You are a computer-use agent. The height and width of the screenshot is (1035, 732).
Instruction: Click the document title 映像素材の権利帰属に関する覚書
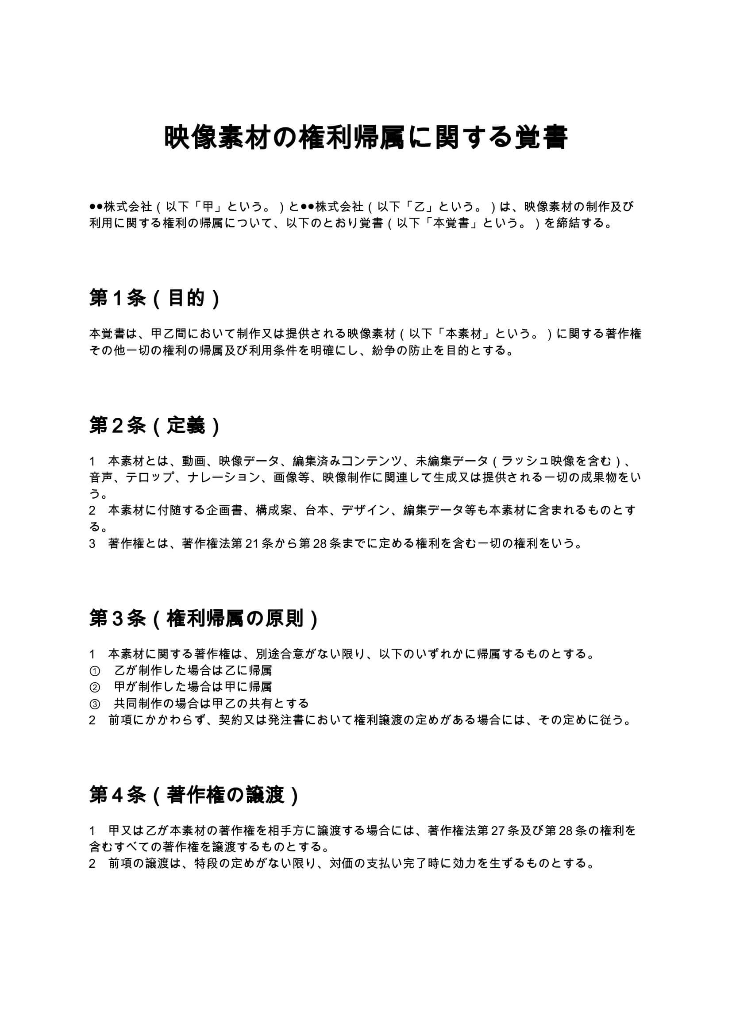pos(366,138)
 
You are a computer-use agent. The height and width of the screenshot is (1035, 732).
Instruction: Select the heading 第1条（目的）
pos(154,298)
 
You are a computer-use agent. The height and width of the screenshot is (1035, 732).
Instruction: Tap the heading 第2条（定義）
pos(154,426)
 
